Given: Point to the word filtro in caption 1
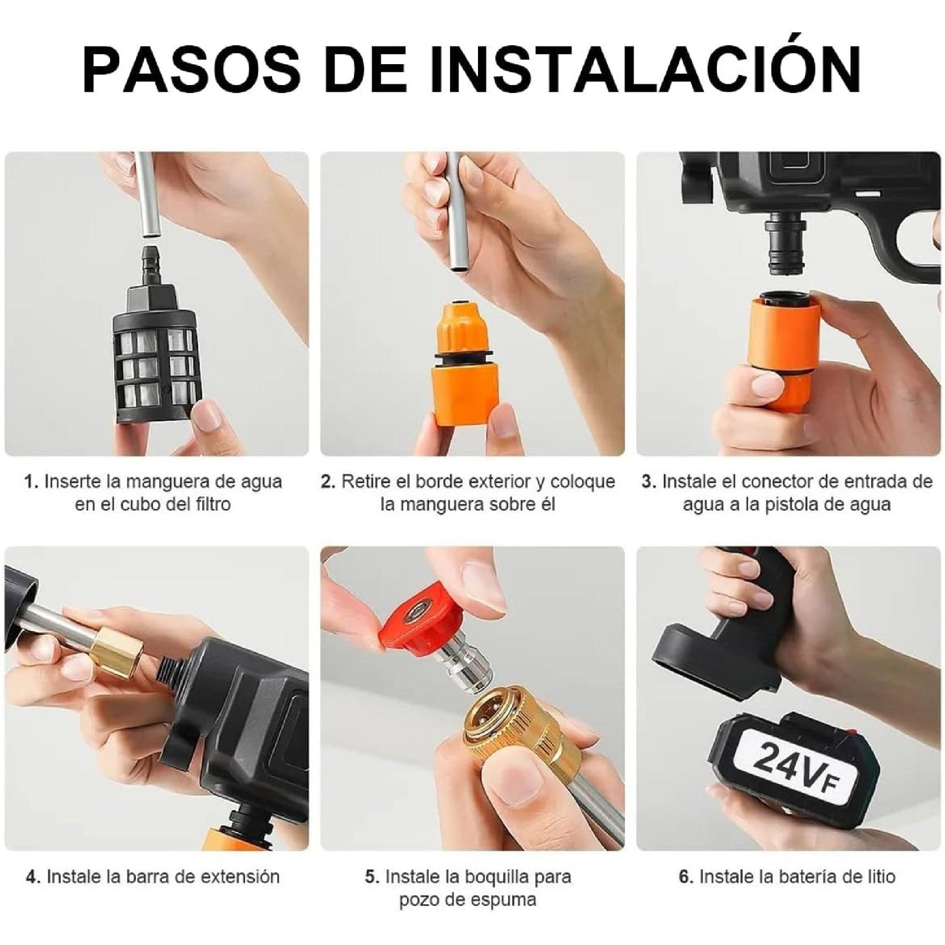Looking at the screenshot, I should pyautogui.click(x=207, y=505).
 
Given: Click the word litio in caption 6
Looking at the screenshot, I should pyautogui.click(x=874, y=876).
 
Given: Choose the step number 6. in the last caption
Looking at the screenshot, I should pyautogui.click(x=685, y=876).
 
